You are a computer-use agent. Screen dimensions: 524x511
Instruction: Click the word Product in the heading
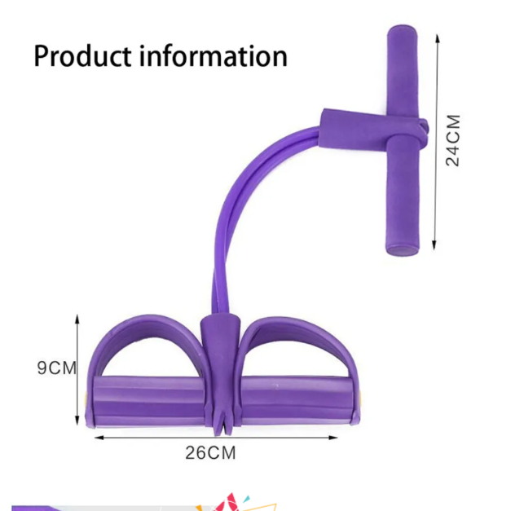click(x=82, y=55)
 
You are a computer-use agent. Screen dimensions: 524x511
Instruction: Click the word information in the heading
click(x=214, y=55)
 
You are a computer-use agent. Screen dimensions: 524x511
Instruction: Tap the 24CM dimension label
click(x=453, y=140)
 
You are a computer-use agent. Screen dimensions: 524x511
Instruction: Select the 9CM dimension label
click(x=57, y=368)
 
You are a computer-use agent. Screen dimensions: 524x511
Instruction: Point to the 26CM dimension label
click(x=210, y=453)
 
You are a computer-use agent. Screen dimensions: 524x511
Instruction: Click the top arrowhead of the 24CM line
click(x=438, y=37)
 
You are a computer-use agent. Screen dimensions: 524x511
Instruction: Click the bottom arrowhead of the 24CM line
click(x=434, y=245)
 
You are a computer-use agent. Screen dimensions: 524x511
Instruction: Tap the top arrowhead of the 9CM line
click(x=77, y=319)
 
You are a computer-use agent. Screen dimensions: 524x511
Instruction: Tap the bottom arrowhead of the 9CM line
click(x=77, y=421)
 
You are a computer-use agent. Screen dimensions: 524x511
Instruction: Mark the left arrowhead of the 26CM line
click(x=99, y=438)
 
